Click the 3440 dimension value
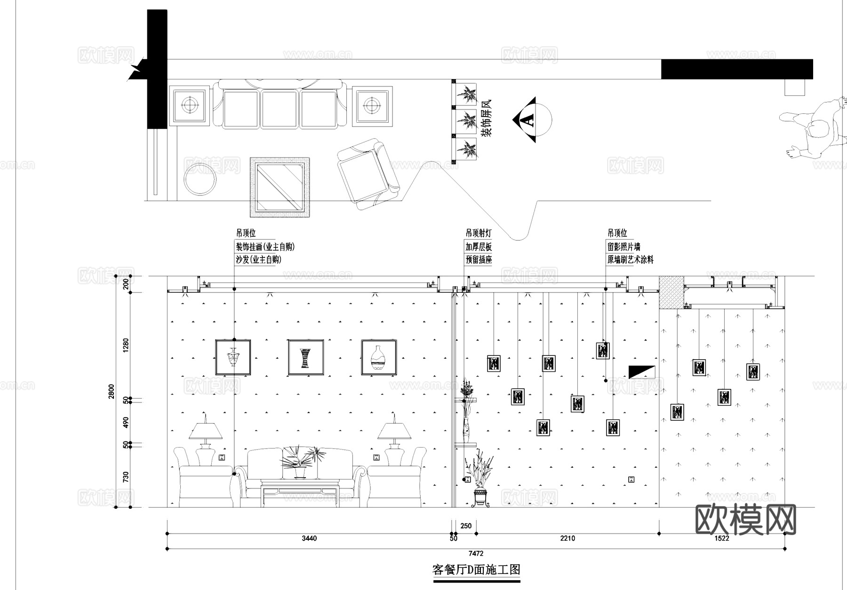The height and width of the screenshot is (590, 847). click(309, 538)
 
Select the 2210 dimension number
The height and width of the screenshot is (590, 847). click(567, 538)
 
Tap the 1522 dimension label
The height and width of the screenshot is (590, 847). click(721, 538)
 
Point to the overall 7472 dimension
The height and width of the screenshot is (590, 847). click(476, 553)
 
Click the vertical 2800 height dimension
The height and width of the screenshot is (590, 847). click(112, 391)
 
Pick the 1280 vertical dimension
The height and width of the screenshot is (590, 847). click(126, 346)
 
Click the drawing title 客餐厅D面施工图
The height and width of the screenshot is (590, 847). click(476, 570)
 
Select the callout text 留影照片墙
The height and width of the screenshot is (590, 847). click(623, 247)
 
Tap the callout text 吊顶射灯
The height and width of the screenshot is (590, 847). click(479, 233)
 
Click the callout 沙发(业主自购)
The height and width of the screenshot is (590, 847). click(258, 260)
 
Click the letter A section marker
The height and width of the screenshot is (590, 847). click(529, 120)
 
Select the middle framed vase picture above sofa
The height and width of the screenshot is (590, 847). click(306, 357)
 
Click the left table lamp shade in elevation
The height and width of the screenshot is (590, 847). click(206, 430)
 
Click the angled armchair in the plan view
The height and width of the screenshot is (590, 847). click(368, 174)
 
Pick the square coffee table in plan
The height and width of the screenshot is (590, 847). click(280, 187)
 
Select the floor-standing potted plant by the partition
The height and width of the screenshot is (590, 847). click(480, 480)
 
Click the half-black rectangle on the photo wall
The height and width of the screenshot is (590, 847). click(642, 371)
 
